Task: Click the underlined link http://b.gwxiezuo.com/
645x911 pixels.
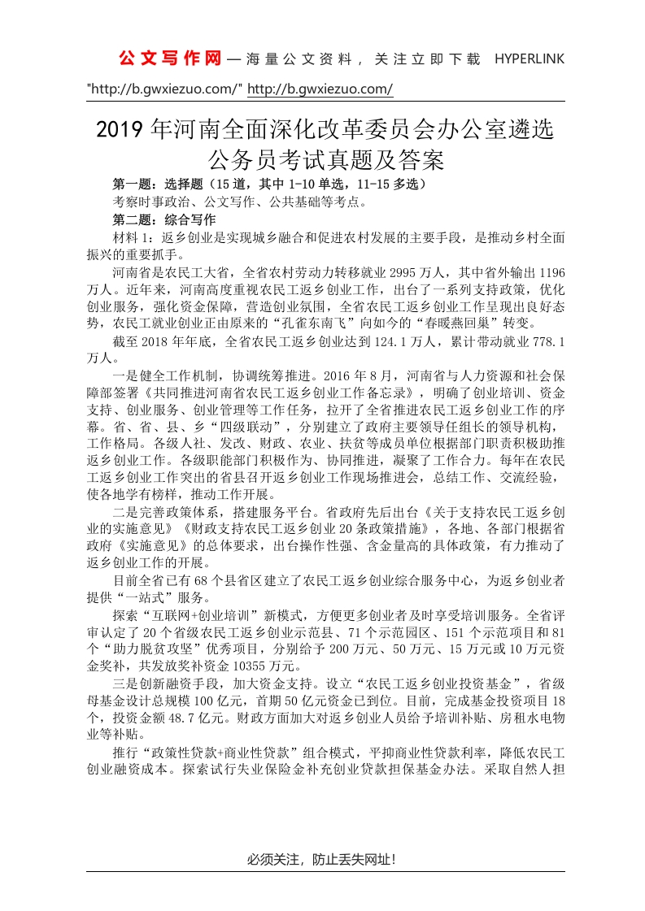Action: pos(320,89)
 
